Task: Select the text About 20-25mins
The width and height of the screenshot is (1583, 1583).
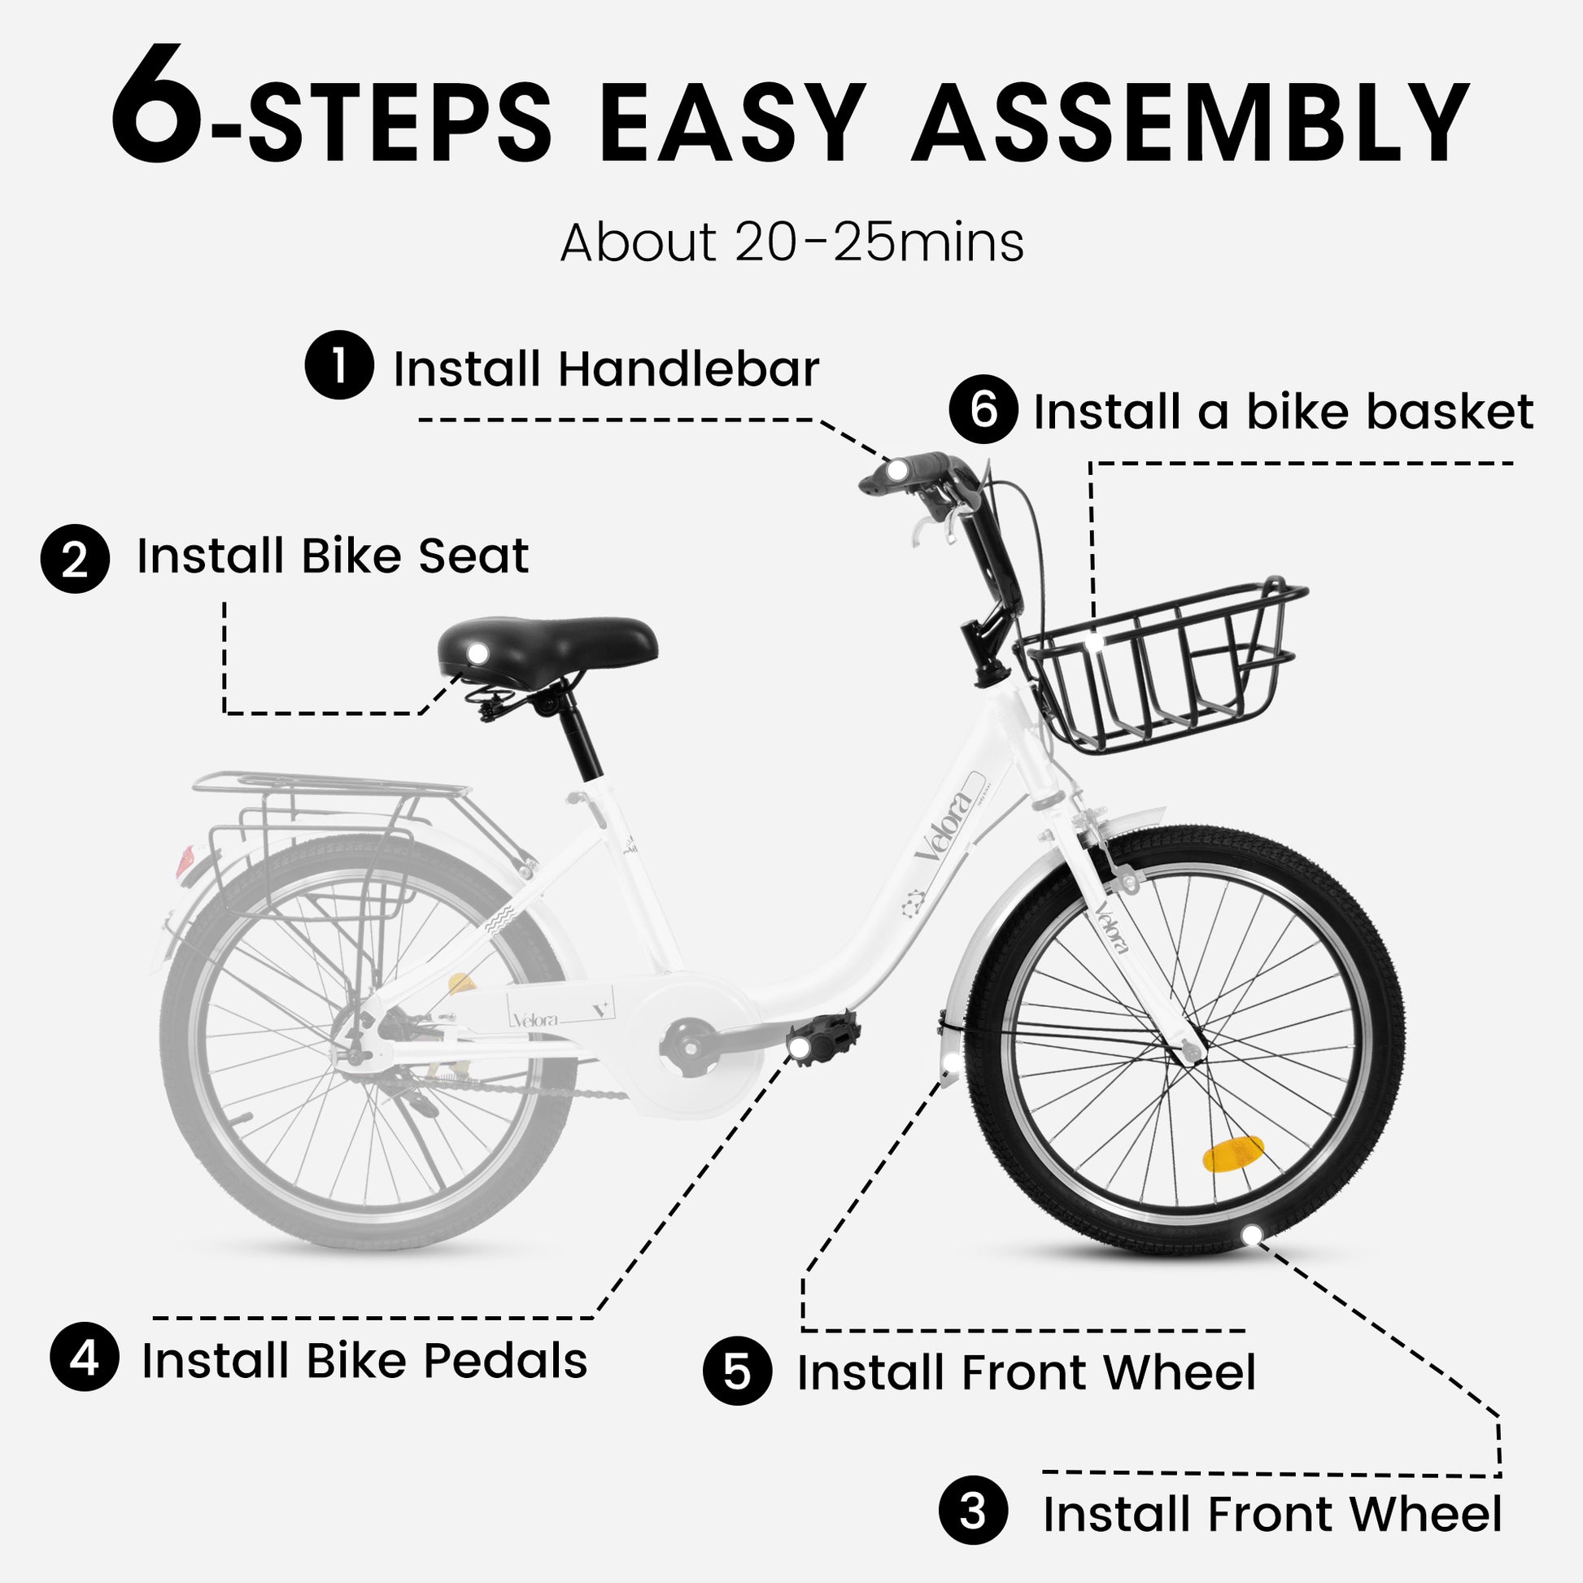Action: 791,242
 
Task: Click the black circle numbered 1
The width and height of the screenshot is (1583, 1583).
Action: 339,364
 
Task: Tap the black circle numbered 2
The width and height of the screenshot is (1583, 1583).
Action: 76,559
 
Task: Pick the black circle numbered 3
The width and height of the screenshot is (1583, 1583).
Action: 974,1510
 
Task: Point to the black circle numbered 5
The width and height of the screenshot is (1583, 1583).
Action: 738,1371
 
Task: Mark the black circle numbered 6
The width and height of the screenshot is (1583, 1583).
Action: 983,409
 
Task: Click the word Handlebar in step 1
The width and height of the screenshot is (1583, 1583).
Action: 688,368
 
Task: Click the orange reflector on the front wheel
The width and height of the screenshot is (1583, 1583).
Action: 1232,1153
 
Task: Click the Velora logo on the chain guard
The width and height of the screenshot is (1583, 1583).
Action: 535,1019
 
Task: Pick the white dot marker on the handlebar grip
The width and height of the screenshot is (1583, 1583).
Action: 898,470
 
